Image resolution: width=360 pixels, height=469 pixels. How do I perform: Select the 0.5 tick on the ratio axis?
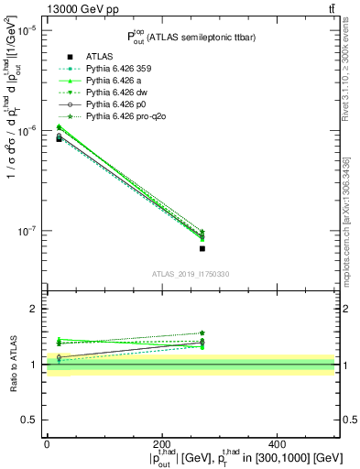click(30, 420)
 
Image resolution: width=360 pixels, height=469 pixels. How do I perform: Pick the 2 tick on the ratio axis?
click(35, 309)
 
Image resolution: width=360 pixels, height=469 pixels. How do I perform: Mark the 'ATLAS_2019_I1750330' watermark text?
click(190, 275)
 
